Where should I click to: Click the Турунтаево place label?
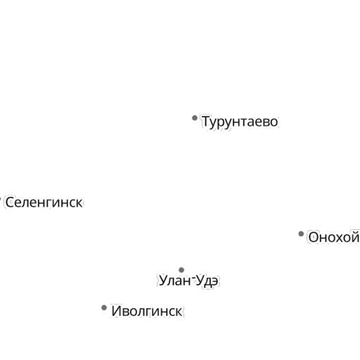tap(240, 122)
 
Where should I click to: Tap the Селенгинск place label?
tap(44, 202)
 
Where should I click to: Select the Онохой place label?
tap(334, 237)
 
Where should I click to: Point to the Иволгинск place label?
tap(147, 311)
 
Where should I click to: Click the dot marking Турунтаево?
tap(195, 118)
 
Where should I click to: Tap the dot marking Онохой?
tap(301, 233)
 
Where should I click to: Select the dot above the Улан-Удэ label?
tap(181, 270)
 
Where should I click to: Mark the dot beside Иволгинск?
tap(104, 307)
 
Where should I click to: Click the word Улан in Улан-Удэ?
tap(175, 281)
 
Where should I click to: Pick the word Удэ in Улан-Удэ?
tap(207, 281)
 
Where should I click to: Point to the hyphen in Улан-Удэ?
tap(193, 278)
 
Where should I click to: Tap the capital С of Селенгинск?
tap(10, 202)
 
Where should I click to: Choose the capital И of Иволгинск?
tap(117, 311)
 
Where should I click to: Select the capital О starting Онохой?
tap(314, 237)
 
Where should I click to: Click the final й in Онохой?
tap(354, 237)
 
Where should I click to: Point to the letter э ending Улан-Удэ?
tap(214, 281)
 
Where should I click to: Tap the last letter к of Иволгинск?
tap(179, 312)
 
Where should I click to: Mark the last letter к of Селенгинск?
tap(79, 203)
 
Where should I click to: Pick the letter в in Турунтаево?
tap(265, 122)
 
